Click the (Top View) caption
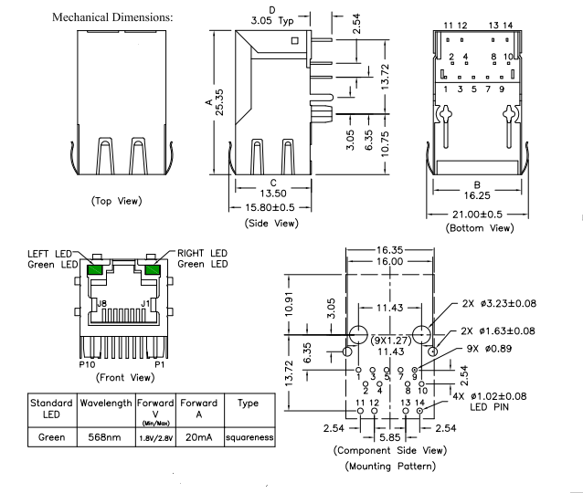tap(119, 200)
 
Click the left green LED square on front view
tap(94, 269)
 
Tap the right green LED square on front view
tap(152, 269)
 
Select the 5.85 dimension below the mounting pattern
tap(388, 437)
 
